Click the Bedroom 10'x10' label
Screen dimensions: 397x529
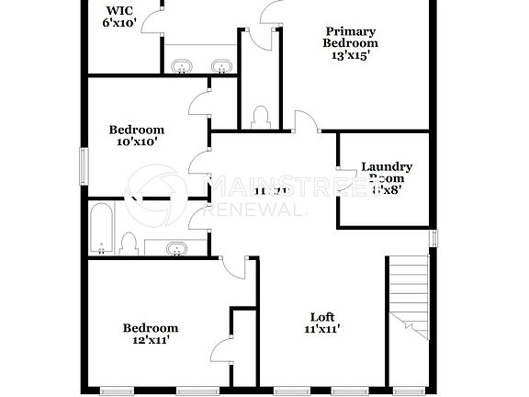point(136,135)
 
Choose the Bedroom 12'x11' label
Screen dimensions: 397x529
point(151,334)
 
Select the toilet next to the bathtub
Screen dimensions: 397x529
point(129,244)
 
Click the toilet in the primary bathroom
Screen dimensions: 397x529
point(259,116)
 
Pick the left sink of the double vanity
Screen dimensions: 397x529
point(182,65)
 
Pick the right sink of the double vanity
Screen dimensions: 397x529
point(220,65)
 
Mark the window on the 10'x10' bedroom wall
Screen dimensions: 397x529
point(84,165)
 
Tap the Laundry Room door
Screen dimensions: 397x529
point(346,172)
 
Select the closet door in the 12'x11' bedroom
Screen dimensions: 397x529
point(219,351)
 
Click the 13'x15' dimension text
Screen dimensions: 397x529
point(350,55)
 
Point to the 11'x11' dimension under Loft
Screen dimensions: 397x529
point(322,329)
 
